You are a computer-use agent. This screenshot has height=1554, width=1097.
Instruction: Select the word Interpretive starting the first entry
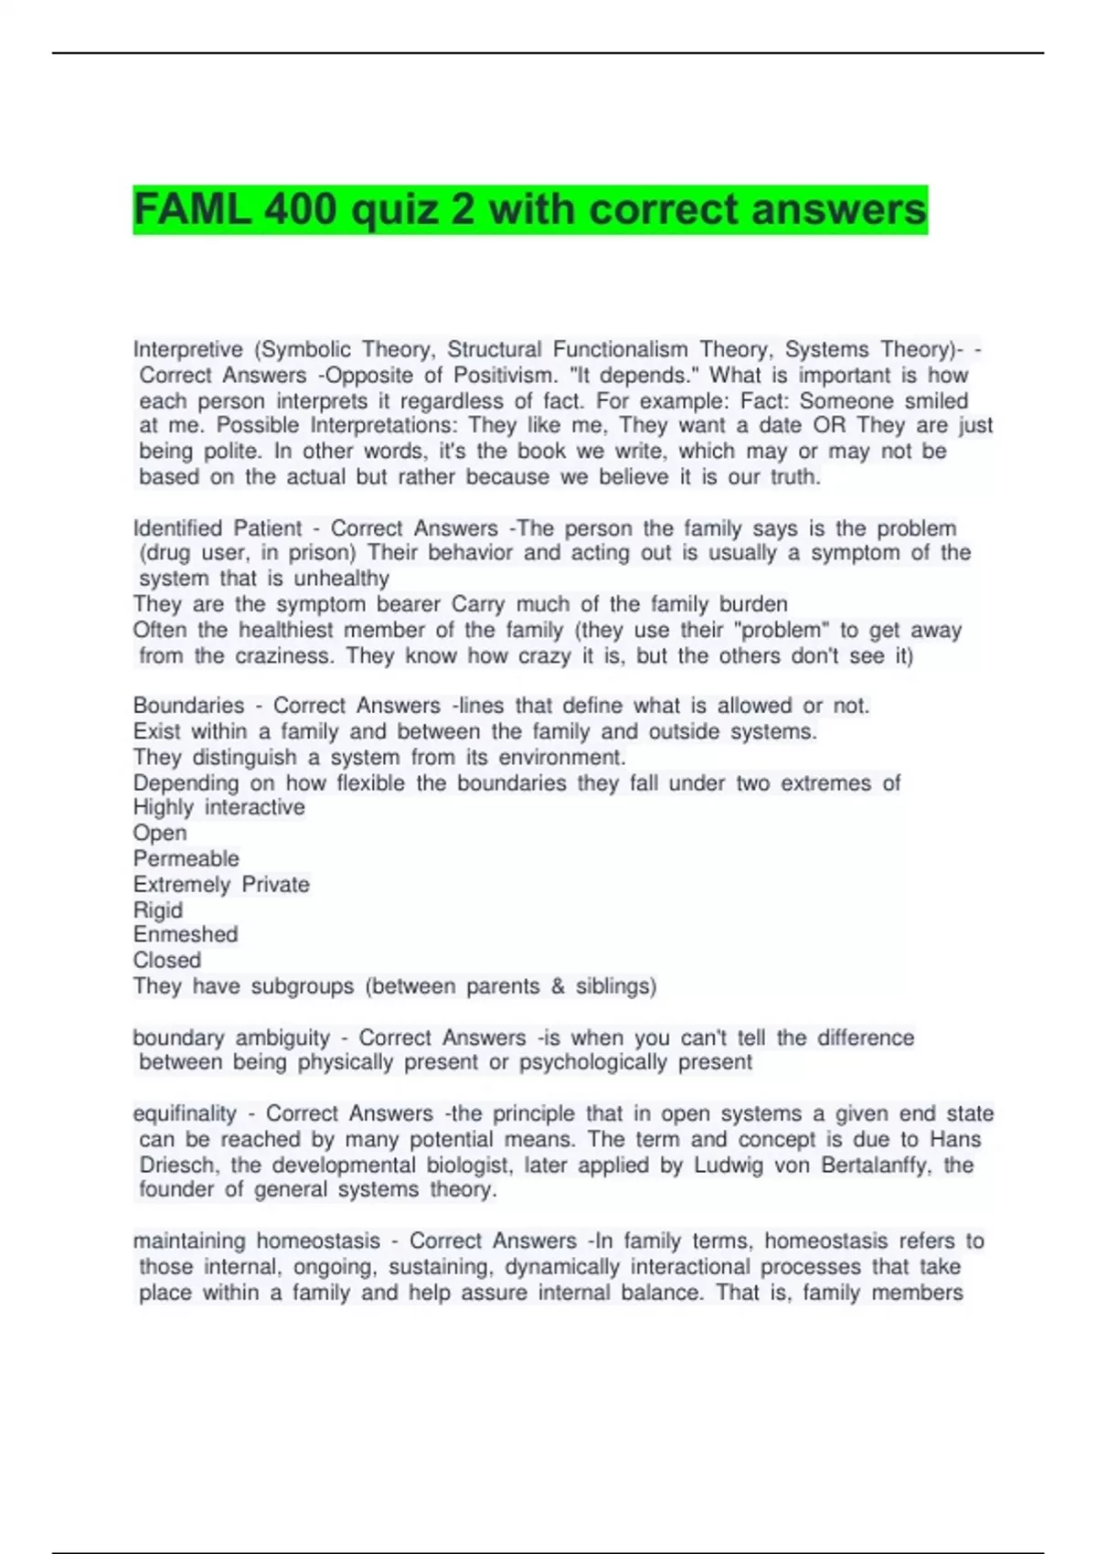pos(188,350)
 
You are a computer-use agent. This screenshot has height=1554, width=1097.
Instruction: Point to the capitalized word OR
pos(829,426)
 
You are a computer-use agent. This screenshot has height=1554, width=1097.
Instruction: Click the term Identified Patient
pos(218,528)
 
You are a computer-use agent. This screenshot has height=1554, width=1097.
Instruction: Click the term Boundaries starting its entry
pos(188,706)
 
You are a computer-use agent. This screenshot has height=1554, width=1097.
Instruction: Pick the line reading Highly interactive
pos(219,808)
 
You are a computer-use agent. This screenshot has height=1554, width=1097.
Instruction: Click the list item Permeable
pos(186,859)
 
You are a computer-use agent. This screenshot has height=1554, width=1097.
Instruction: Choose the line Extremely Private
pos(221,885)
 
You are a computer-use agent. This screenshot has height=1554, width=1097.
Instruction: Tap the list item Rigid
pos(158,910)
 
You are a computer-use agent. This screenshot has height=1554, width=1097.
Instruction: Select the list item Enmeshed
pos(186,935)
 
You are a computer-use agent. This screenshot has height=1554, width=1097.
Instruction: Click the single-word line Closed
pos(167,961)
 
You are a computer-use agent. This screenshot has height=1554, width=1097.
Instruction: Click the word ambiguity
pos(282,1038)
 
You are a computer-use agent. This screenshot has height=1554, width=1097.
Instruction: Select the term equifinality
pos(185,1114)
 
